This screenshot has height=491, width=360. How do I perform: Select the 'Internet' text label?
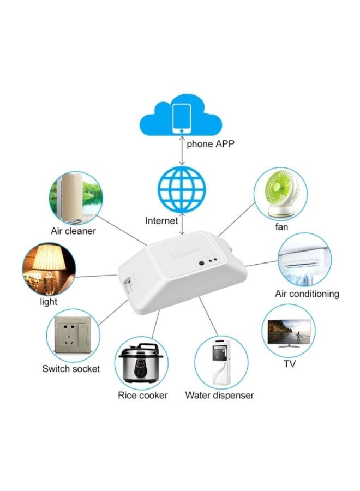(x=161, y=221)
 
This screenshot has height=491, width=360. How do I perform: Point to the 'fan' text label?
(x=281, y=226)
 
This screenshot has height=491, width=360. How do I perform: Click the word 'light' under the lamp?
(x=49, y=302)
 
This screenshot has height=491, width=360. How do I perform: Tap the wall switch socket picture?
(x=73, y=336)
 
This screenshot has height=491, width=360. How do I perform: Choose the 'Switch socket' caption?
(x=71, y=369)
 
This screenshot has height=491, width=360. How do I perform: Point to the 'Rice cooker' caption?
(x=143, y=395)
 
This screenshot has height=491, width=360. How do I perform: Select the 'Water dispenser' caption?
(x=219, y=395)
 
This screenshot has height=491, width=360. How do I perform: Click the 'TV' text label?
(x=290, y=364)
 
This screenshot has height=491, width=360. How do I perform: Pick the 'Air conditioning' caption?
(x=307, y=294)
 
